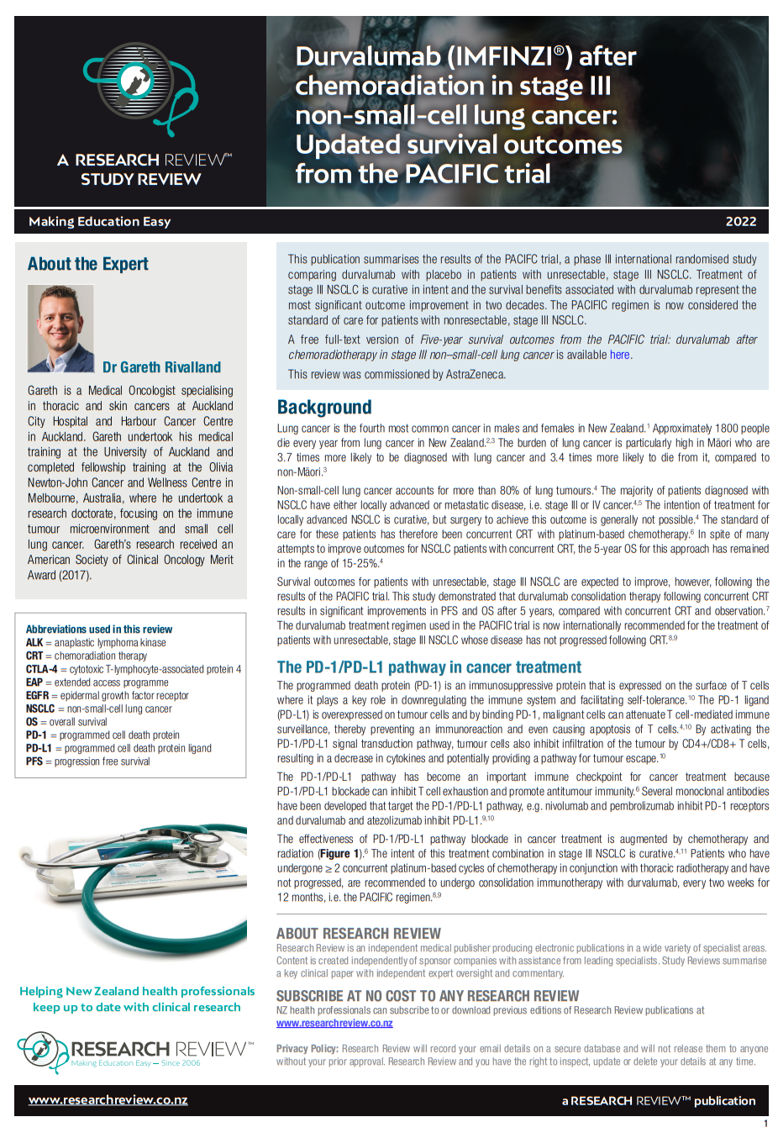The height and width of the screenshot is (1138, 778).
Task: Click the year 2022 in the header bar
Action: [x=740, y=221]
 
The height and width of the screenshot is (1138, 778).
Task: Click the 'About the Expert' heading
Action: [x=87, y=264]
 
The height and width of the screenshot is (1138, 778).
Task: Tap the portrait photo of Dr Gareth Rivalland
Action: [x=60, y=329]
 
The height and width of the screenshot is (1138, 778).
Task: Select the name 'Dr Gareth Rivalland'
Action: [x=161, y=367]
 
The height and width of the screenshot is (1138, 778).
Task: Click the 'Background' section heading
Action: [x=324, y=408]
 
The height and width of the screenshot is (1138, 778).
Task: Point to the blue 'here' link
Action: [x=620, y=356]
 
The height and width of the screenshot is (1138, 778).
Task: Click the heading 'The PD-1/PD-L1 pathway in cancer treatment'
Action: [x=428, y=667]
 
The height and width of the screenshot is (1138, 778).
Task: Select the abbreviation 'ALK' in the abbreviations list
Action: [x=34, y=643]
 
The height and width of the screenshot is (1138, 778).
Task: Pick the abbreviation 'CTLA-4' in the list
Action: [x=42, y=670]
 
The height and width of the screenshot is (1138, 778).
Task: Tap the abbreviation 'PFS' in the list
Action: [x=34, y=761]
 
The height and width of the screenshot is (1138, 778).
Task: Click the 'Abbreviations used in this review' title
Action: [x=99, y=630]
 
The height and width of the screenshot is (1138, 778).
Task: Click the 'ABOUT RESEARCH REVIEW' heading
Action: [x=359, y=934]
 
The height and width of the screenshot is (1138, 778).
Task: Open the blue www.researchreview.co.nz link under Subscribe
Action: [x=334, y=1024]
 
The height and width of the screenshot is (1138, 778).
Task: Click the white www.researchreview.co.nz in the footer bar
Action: [x=108, y=1100]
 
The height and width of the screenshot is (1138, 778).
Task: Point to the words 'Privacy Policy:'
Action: [x=308, y=1049]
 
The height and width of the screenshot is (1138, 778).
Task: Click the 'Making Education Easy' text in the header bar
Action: [x=100, y=222]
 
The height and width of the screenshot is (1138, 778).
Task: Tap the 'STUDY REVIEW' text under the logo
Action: [x=141, y=179]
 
